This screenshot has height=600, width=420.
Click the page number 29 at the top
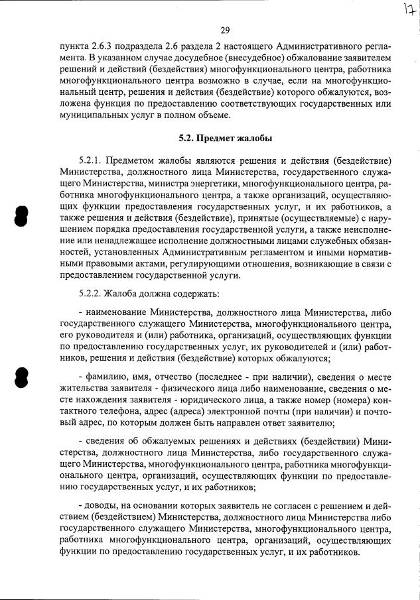[x=224, y=30]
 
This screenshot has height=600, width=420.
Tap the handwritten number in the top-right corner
[x=407, y=11]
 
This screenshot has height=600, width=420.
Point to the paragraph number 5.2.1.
[x=91, y=160]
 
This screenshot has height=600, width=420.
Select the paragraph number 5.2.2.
[x=91, y=292]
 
